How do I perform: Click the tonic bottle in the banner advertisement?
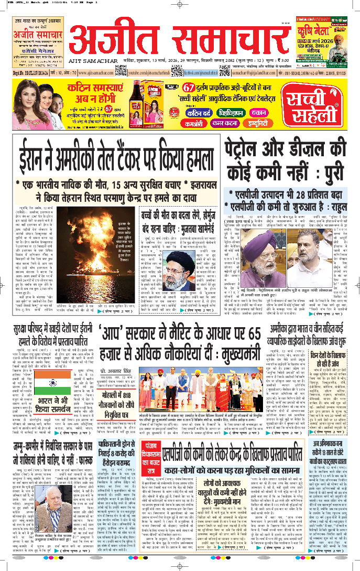[138, 98]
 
